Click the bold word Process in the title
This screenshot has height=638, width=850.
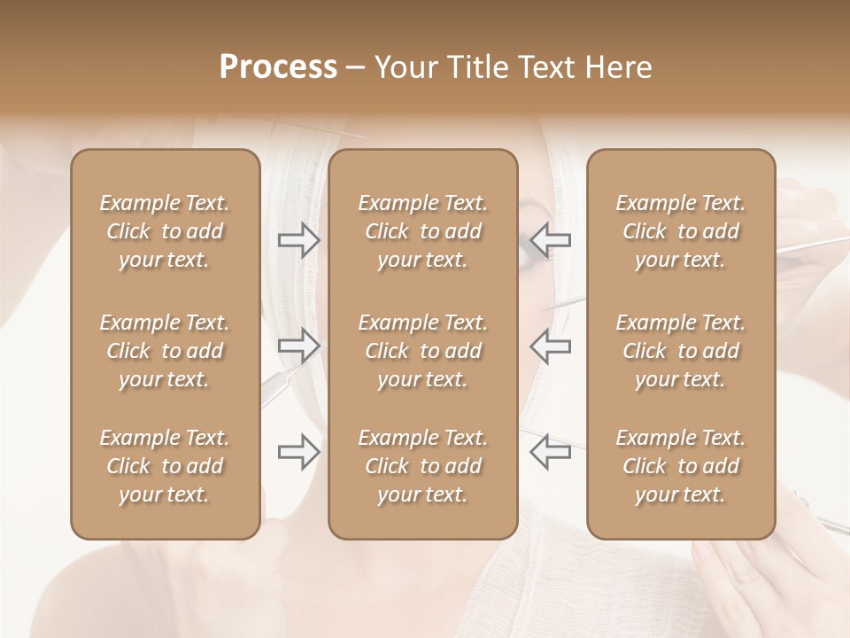[x=278, y=67]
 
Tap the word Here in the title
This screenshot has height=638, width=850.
[x=619, y=67]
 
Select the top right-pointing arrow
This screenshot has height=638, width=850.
[x=298, y=239]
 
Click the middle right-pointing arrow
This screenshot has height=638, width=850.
[x=298, y=346]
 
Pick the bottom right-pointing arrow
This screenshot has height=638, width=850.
[x=298, y=452]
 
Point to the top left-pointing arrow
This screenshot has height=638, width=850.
[x=550, y=239]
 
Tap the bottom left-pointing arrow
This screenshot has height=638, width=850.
[x=550, y=452]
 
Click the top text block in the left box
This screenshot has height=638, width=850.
[x=165, y=231]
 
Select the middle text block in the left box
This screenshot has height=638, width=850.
[x=165, y=351]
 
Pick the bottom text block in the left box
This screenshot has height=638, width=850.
[x=165, y=466]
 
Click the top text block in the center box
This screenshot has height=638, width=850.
[x=422, y=231]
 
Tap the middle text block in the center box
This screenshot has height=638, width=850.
[x=422, y=351]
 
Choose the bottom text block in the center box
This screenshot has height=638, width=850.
[x=422, y=466]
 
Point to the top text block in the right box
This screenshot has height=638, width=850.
[x=680, y=231]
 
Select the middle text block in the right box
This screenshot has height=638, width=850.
[x=680, y=351]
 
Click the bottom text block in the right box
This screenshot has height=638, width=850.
[x=680, y=466]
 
